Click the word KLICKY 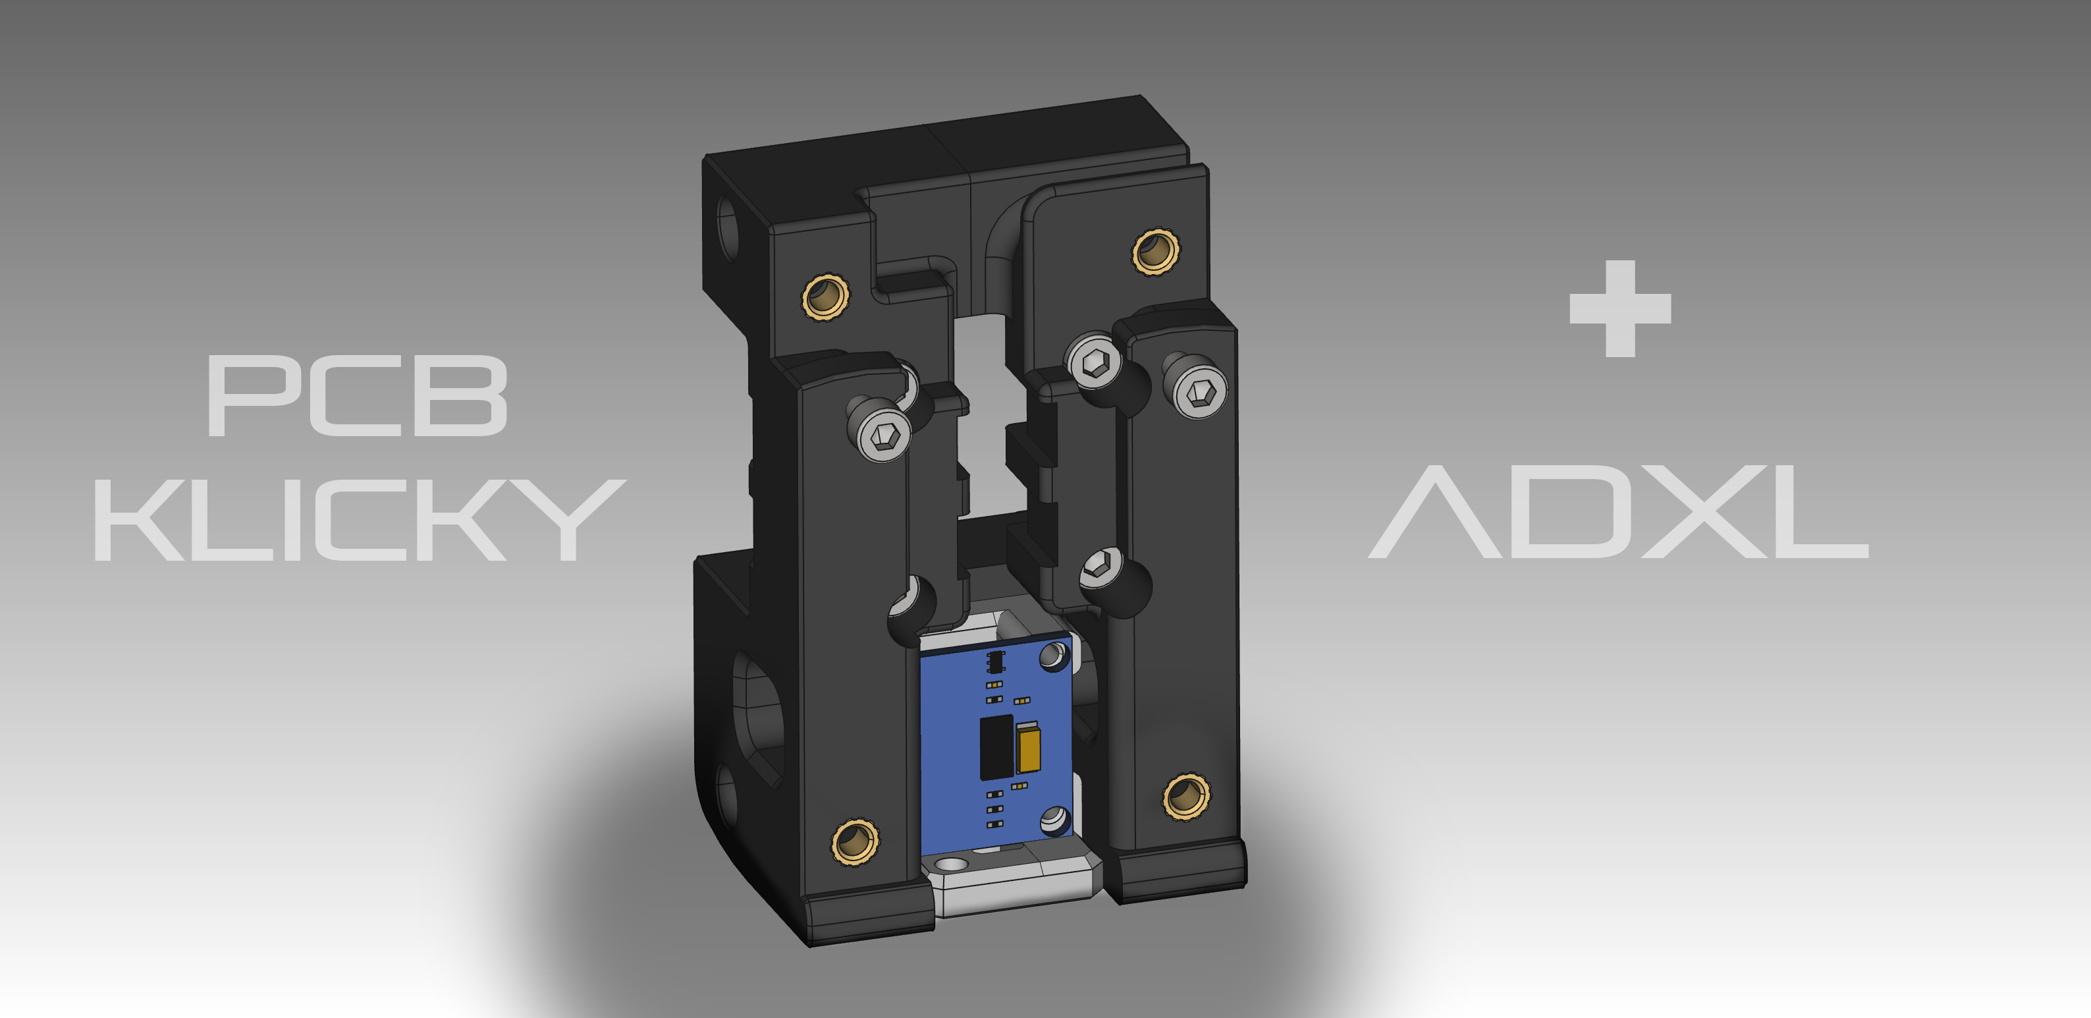point(360,520)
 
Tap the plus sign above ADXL point(1620,308)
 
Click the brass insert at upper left point(825,297)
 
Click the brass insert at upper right point(1155,252)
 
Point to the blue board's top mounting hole point(1053,654)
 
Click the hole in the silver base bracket point(952,864)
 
